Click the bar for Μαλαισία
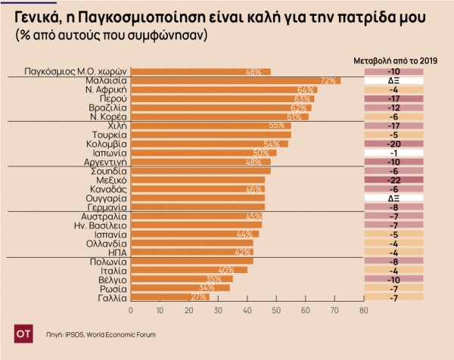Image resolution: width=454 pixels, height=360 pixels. (235, 80)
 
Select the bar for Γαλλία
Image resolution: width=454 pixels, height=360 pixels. (170, 297)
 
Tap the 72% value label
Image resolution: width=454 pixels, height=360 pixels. (328, 80)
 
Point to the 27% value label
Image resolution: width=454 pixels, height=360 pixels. (198, 297)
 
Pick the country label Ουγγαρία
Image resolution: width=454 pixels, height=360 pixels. (103, 197)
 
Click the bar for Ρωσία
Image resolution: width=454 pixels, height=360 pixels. (180, 288)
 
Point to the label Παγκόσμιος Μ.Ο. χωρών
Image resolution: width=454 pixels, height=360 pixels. (75, 71)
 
